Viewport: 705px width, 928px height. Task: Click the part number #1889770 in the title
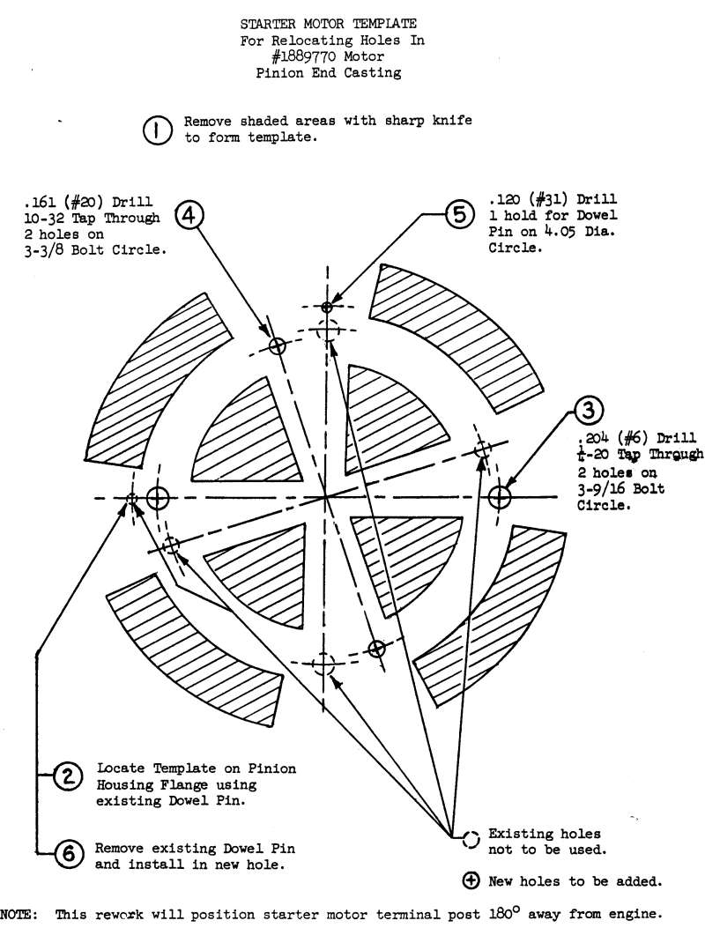point(304,58)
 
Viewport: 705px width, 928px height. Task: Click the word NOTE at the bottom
point(20,915)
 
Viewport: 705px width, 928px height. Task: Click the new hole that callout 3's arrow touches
point(499,497)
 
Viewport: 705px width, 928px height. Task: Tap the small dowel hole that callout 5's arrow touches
point(327,307)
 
